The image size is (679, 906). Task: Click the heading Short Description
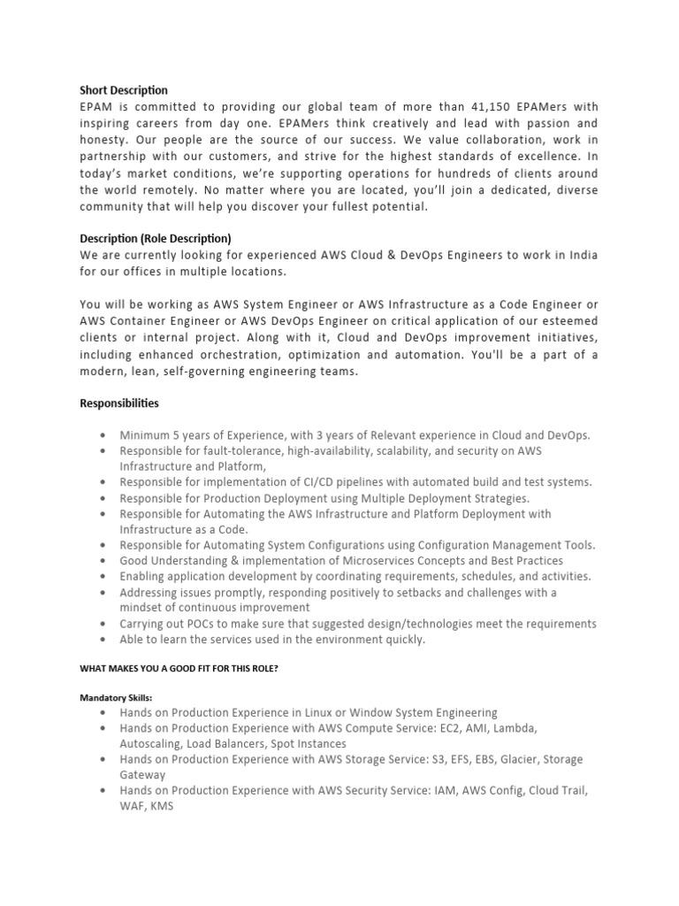124,90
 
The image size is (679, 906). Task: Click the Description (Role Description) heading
156,239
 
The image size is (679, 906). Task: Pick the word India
580,255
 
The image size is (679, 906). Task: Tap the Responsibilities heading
120,403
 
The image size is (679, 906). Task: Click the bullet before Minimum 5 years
103,435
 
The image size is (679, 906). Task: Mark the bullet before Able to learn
103,640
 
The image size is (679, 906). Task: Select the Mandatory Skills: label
116,697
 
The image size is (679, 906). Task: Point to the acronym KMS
161,806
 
